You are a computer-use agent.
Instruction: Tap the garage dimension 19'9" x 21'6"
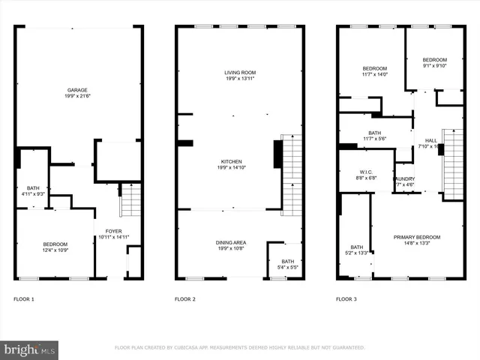(78, 96)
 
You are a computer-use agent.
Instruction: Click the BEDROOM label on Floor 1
(55, 244)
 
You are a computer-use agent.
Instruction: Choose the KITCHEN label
(230, 161)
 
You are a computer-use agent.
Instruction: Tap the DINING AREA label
(231, 242)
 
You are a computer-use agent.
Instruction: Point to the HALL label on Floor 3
(430, 140)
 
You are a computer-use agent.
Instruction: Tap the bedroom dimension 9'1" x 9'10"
(434, 65)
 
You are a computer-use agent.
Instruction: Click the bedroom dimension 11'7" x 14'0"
(375, 74)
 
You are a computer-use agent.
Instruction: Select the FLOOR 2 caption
(185, 299)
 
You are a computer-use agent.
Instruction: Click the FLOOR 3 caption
(346, 299)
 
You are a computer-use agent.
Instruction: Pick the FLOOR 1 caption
(24, 299)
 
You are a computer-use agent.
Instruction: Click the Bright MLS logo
(30, 349)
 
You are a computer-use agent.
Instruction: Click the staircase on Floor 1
(130, 200)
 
